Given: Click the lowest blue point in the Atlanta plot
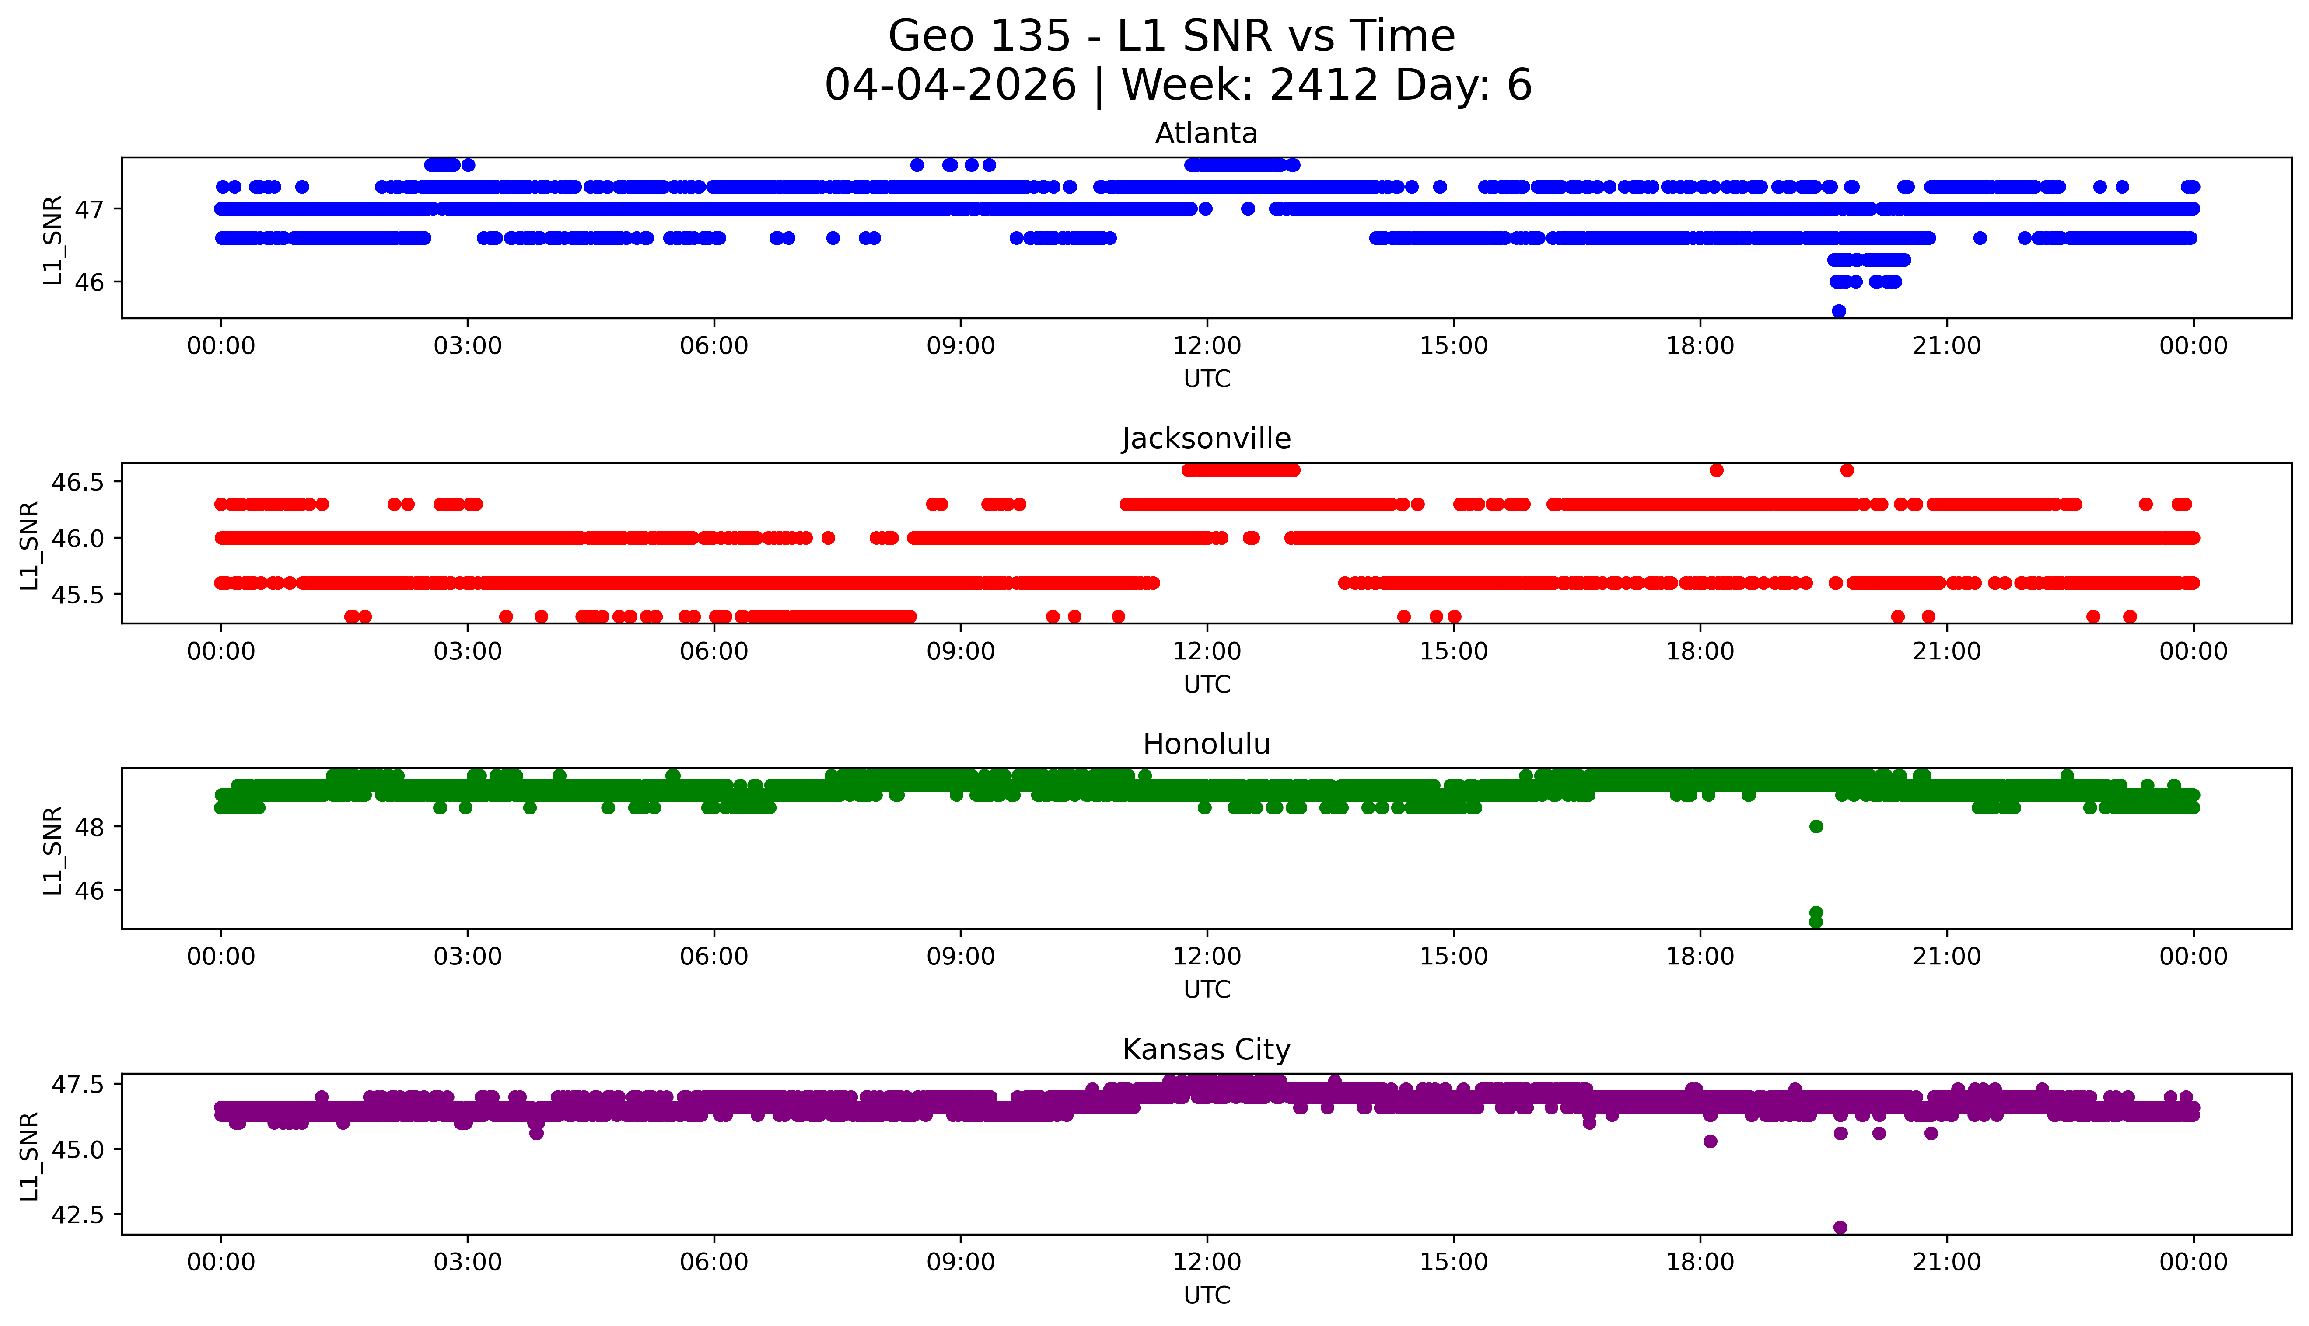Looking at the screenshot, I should pos(1839,310).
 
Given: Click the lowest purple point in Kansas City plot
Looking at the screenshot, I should pos(1840,1227).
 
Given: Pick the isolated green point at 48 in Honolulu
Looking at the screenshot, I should pos(1816,826).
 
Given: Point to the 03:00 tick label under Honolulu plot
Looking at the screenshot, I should pos(468,956).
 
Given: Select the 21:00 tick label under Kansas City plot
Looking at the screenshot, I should pos(1946,1262).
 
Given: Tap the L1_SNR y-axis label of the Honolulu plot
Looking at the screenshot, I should pos(53,851).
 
